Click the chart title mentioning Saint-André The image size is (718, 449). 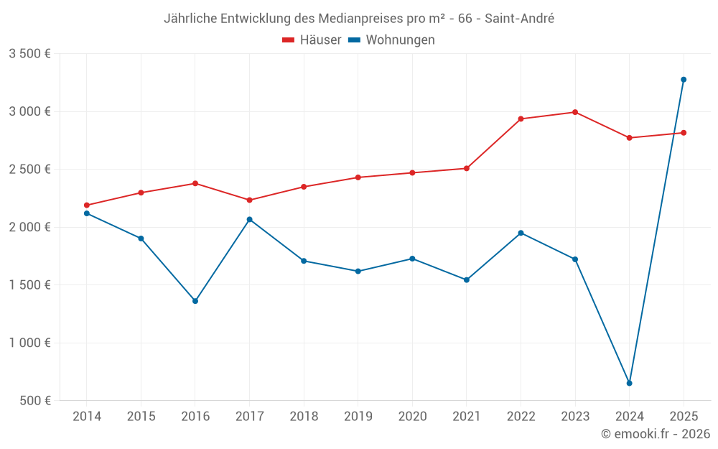359,19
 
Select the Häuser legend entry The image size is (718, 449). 312,40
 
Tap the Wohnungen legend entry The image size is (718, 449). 392,40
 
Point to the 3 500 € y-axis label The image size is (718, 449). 29,54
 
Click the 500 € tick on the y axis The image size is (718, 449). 34,401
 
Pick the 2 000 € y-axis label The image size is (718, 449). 29,227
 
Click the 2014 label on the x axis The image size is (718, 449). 87,417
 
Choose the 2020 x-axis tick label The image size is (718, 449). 412,417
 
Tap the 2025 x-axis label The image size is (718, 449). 684,417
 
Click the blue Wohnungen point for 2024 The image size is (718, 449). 630,383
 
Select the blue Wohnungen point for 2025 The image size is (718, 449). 684,80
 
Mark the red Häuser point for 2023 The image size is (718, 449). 575,112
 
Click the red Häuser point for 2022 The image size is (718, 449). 521,119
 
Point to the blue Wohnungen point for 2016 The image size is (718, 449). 195,301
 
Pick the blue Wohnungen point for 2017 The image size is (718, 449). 250,219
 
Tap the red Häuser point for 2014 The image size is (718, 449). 87,205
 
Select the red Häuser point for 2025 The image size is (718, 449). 684,133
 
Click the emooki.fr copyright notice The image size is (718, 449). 655,434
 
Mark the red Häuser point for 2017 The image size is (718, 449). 250,200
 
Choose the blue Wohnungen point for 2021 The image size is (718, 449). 467,279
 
